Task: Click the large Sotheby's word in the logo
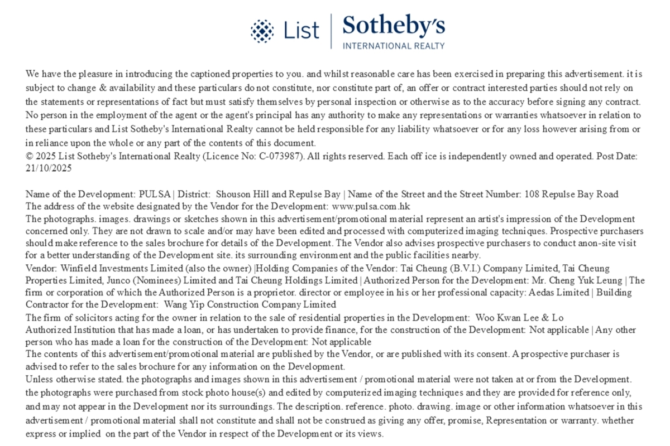394,26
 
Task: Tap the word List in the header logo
301,30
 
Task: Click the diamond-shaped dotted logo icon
262,31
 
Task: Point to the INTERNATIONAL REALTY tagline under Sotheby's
394,46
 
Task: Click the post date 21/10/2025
49,168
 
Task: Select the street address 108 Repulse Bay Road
571,195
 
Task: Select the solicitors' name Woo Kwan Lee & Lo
519,318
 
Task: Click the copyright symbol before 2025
30,157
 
